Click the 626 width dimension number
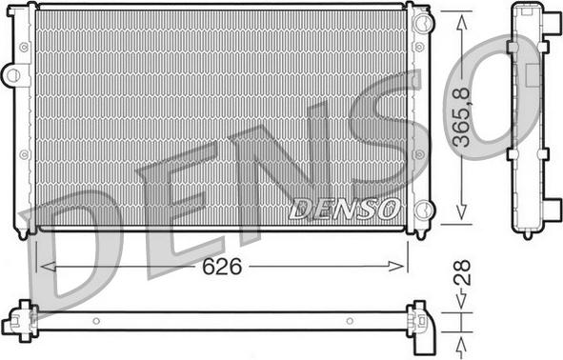point(222,267)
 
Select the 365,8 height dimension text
point(461,117)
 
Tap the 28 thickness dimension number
point(462,273)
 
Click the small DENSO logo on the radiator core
point(345,209)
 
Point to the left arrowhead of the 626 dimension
point(48,267)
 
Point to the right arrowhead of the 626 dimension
point(396,267)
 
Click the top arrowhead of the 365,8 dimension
point(461,23)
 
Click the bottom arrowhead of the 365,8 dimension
point(461,212)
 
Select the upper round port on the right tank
point(424,22)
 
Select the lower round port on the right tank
point(424,210)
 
